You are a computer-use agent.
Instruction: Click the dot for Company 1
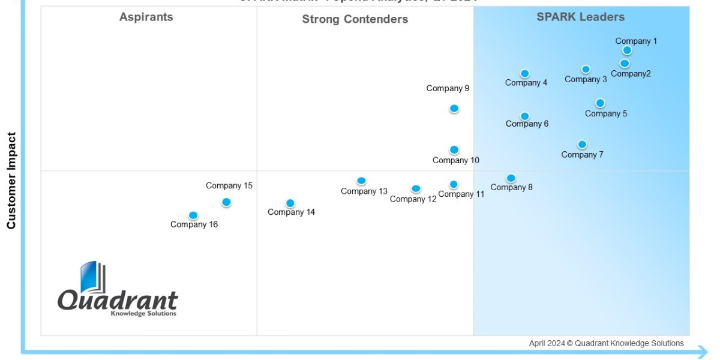click(627, 50)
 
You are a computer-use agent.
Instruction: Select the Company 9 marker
click(454, 109)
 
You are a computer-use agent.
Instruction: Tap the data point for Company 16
click(193, 215)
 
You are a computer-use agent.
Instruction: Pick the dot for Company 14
click(290, 203)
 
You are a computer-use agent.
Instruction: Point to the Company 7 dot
click(582, 145)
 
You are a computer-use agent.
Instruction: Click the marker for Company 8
click(511, 178)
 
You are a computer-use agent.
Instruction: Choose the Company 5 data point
click(600, 103)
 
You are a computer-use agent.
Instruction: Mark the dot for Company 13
click(361, 181)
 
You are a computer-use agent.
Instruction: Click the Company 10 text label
click(456, 160)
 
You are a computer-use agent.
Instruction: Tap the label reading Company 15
click(229, 185)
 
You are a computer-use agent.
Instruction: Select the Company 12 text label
click(413, 199)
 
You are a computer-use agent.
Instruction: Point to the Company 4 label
click(526, 83)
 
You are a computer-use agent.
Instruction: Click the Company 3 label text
click(586, 79)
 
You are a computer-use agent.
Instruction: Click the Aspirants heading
click(146, 17)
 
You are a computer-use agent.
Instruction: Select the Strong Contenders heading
click(355, 19)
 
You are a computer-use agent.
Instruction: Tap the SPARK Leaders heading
click(581, 17)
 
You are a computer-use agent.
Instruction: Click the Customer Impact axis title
click(11, 180)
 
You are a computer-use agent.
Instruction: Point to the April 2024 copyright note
click(606, 343)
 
